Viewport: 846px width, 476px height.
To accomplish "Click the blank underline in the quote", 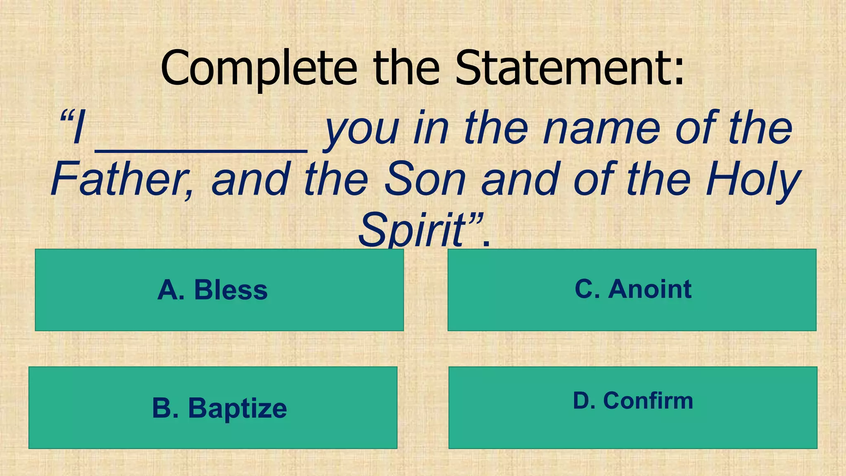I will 201,150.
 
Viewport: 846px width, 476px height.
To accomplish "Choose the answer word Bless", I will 231,290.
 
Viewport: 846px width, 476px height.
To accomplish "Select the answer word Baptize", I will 238,409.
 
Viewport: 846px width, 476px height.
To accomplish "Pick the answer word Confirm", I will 648,401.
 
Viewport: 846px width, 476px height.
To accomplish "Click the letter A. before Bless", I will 171,290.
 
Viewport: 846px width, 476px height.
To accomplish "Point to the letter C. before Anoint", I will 587,289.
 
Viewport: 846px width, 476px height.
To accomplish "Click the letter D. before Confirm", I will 584,401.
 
